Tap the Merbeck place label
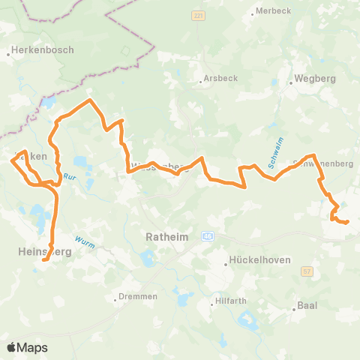[x=272, y=10]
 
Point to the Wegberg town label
[x=316, y=77]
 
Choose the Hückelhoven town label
[x=256, y=263]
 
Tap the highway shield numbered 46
[x=208, y=236]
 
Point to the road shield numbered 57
[x=306, y=271]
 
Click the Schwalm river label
[x=273, y=154]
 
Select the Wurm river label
[x=83, y=242]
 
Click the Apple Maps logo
[x=28, y=347]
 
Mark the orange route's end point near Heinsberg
[x=45, y=260]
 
